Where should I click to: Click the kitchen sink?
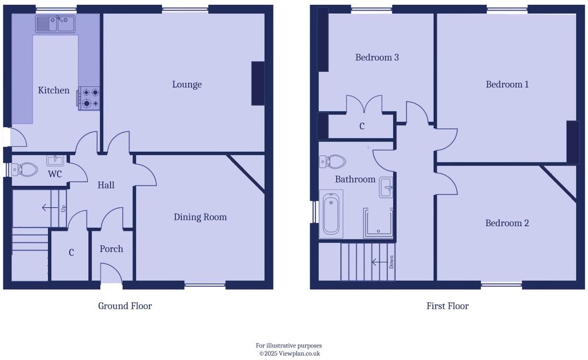[55, 24]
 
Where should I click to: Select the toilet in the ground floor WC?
[25, 169]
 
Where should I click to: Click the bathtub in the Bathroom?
[331, 214]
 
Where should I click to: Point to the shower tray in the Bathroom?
[378, 223]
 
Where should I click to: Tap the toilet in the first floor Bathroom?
[333, 162]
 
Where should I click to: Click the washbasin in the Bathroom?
[386, 188]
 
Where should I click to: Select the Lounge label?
[187, 85]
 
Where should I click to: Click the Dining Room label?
[200, 217]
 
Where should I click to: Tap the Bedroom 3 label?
[377, 57]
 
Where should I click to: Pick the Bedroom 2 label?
[507, 223]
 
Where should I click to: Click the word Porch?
[111, 249]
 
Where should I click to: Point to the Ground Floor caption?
[125, 306]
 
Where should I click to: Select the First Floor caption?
[447, 306]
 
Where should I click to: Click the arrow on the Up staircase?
[49, 208]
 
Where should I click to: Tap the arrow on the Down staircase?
[379, 262]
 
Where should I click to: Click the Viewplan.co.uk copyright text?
[289, 353]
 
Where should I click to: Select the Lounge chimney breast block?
[258, 83]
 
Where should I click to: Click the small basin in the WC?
[55, 160]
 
